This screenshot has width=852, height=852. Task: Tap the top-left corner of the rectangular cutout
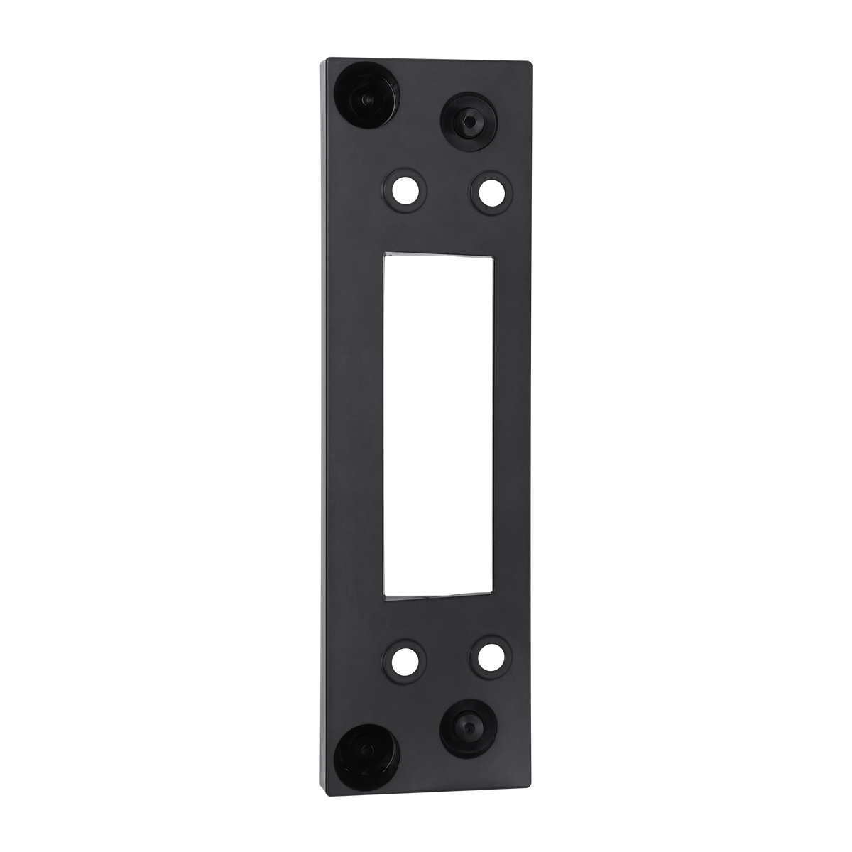tap(384, 253)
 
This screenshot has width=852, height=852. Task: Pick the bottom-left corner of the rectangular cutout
tap(384, 596)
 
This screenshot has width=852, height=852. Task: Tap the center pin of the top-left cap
tap(365, 98)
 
